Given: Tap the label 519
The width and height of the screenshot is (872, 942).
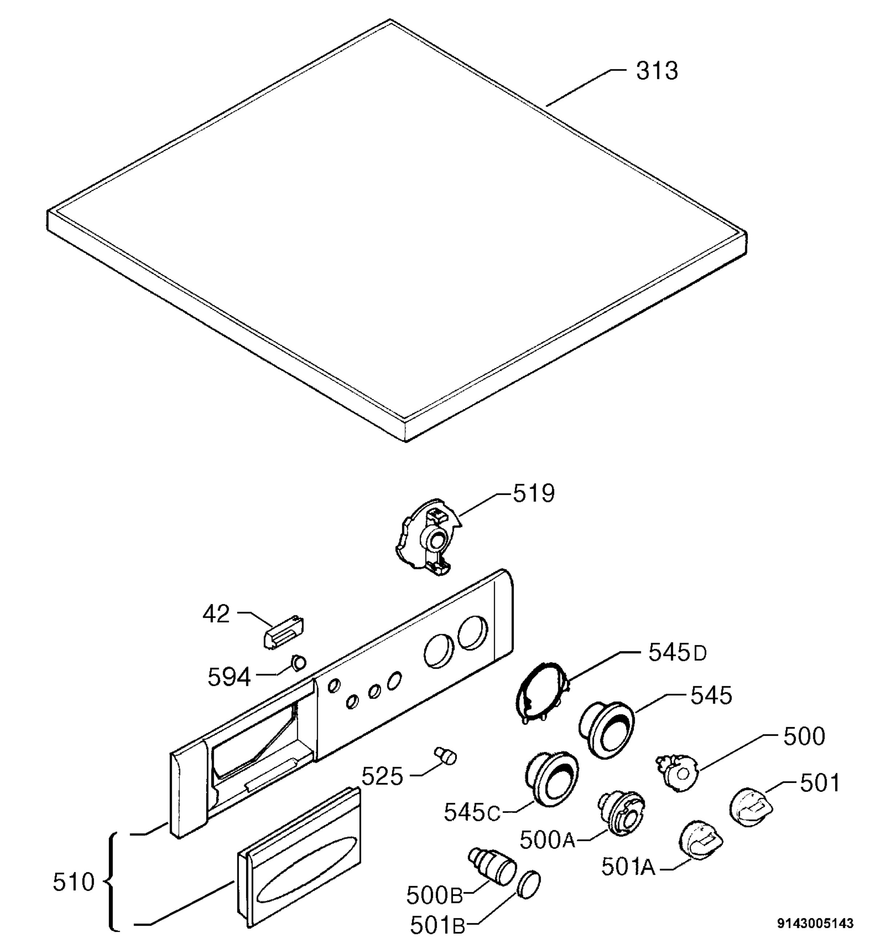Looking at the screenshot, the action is (x=534, y=494).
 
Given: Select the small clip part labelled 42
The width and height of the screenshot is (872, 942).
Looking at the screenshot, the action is (x=283, y=632).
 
